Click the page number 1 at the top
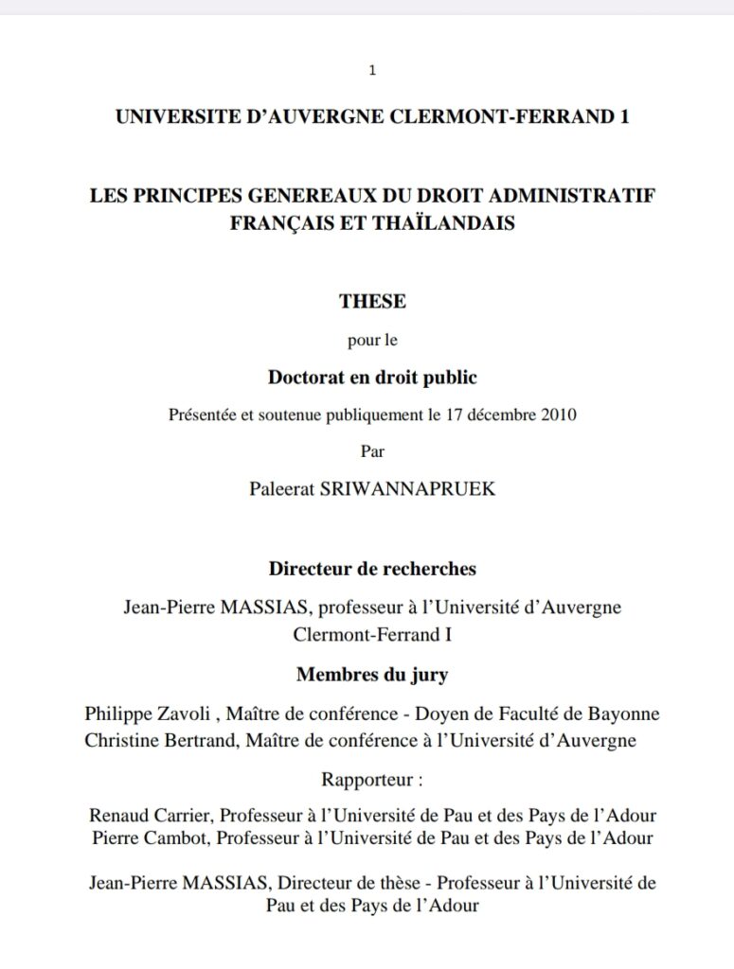pos(372,70)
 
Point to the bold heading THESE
pos(372,302)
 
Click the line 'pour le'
pos(372,341)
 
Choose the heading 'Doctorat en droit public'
pos(372,378)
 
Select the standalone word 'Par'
pos(372,450)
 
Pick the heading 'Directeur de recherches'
pos(372,570)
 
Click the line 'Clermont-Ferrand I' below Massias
pos(372,635)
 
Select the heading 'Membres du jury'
pos(372,675)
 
